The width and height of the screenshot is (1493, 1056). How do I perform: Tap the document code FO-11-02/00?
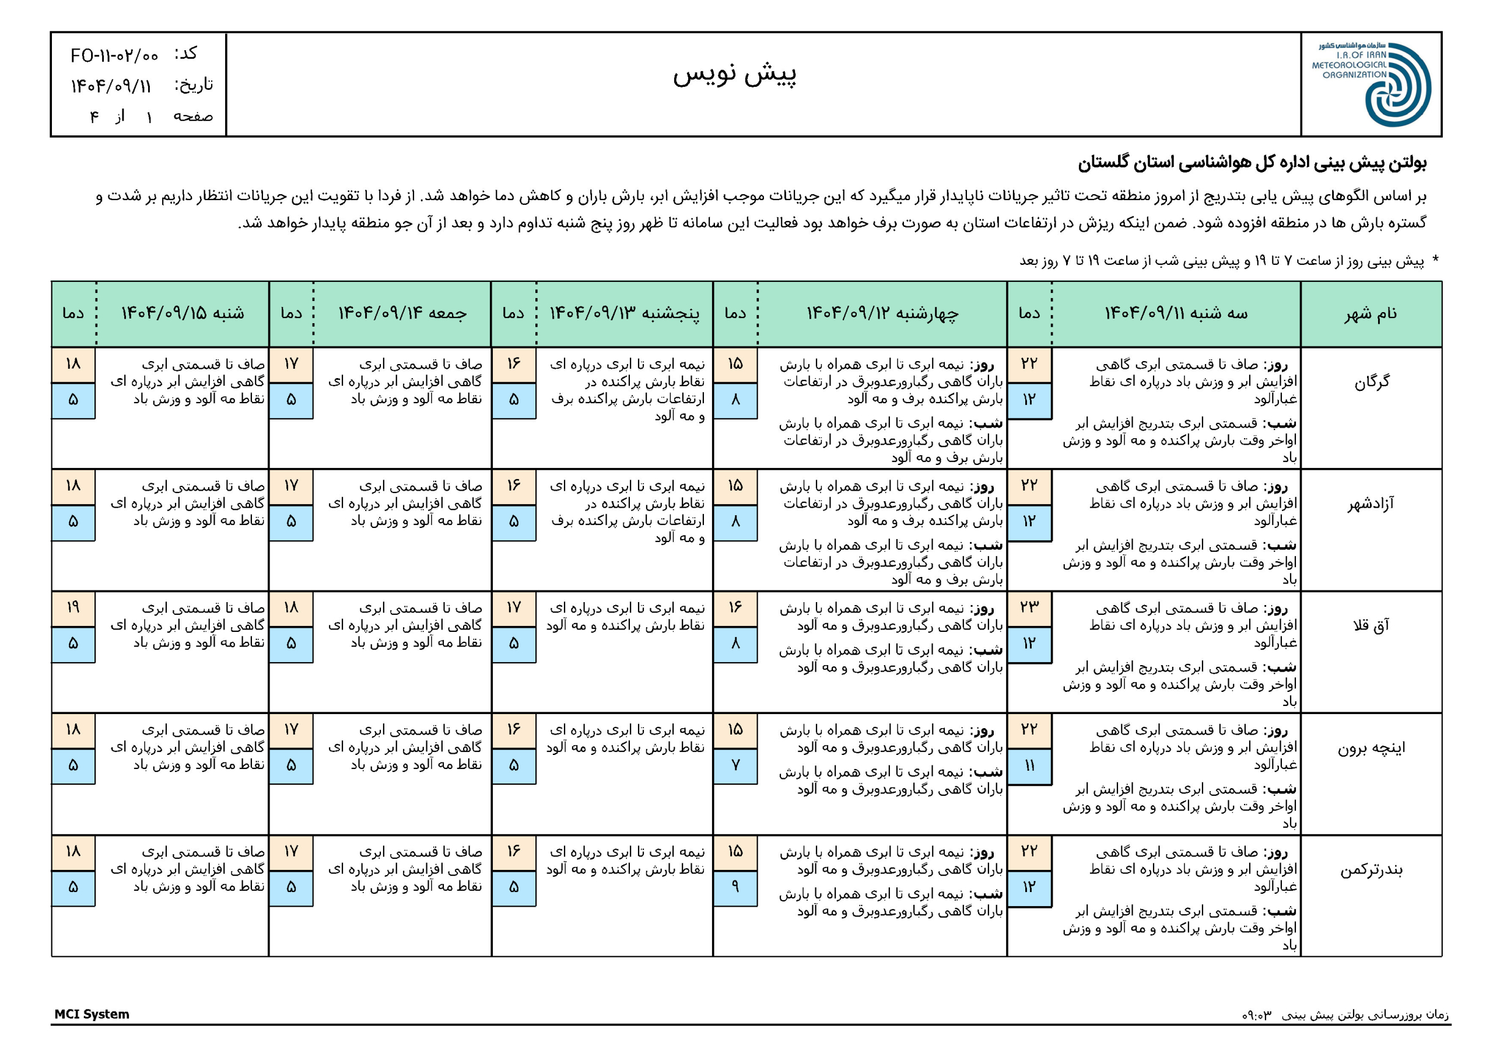click(114, 56)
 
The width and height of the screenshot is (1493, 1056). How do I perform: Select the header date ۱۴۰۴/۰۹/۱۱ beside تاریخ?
click(111, 86)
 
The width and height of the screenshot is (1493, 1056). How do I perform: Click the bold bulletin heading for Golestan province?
click(1252, 163)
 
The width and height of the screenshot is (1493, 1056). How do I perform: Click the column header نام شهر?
click(1371, 314)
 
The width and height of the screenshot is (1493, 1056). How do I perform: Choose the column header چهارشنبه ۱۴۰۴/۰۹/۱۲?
click(882, 314)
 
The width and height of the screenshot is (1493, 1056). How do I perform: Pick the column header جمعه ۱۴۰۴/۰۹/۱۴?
click(402, 314)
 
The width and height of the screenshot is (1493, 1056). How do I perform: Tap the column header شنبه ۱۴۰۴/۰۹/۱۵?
click(183, 314)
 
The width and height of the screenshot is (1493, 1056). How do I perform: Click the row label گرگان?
click(1371, 382)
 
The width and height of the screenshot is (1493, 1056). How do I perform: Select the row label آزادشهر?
click(1371, 503)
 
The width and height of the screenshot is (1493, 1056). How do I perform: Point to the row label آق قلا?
click(1371, 625)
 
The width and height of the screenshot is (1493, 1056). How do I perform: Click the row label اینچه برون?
click(1371, 747)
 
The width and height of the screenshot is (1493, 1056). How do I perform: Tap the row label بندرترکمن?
click(1371, 870)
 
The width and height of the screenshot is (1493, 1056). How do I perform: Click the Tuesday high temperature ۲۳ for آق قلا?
click(1029, 608)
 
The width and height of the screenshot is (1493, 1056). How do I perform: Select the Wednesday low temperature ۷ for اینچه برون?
click(735, 765)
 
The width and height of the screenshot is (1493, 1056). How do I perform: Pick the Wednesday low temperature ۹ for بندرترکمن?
click(735, 887)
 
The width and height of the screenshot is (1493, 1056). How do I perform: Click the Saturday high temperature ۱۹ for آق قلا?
click(73, 608)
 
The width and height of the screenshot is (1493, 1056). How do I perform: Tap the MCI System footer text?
click(92, 1015)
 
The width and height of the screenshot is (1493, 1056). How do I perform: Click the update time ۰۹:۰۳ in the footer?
click(1256, 1015)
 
